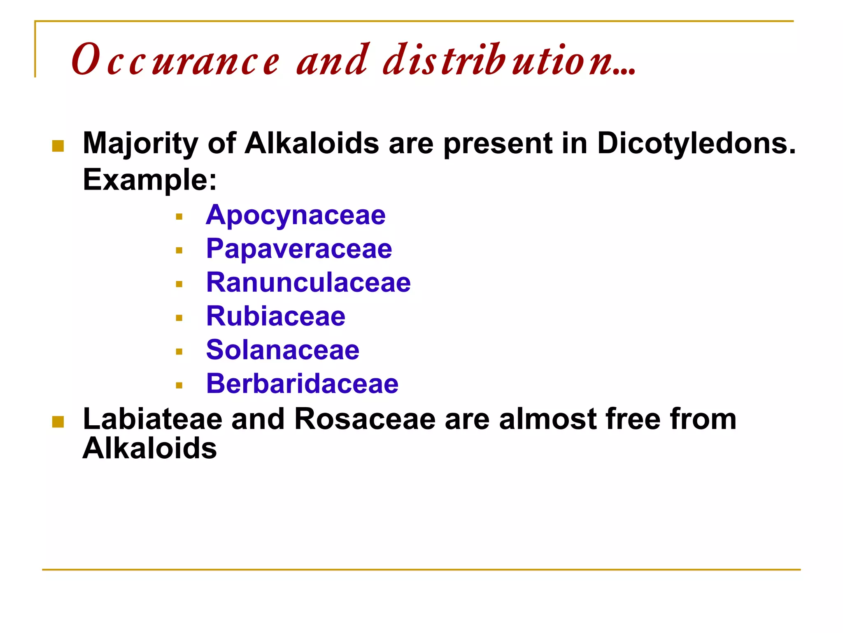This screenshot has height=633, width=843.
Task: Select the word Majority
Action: pos(140,143)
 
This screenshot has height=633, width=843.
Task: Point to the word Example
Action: pos(149,180)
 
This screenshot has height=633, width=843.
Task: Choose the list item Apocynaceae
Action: pos(296,215)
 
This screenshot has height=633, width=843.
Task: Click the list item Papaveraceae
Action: pos(299,249)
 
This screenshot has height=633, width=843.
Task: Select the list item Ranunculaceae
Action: pos(308,283)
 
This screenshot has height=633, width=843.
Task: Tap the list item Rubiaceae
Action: pos(276,316)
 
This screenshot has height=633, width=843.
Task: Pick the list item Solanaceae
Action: pos(283,350)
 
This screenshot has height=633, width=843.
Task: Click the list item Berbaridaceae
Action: pos(302,384)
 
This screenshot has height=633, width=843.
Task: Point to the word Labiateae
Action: pos(152,419)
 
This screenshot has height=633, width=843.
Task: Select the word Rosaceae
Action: pos(365,419)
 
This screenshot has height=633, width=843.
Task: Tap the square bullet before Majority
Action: pos(58,146)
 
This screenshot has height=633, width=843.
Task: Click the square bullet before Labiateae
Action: pos(58,422)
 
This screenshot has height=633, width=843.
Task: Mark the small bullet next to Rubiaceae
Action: pos(179,318)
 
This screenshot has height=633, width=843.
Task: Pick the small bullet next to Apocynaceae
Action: pos(179,216)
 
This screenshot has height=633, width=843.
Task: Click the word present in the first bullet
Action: pos(497,143)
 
